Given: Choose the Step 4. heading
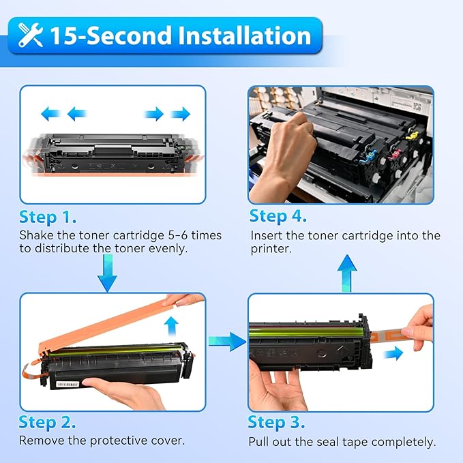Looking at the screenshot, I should [x=278, y=217].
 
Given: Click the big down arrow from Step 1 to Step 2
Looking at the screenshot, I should [x=107, y=276].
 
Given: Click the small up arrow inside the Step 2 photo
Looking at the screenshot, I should [x=172, y=323].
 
